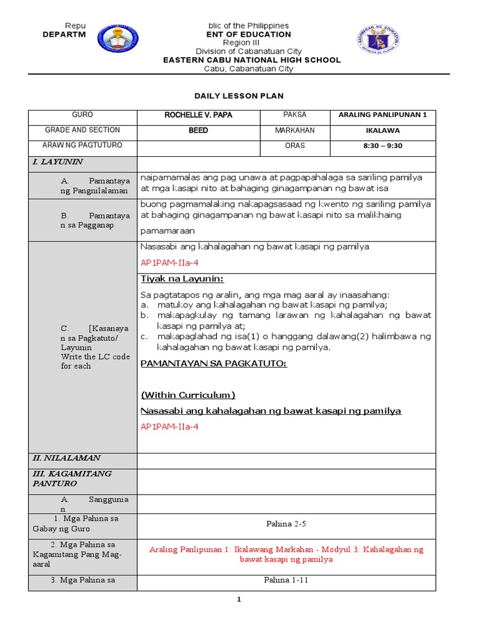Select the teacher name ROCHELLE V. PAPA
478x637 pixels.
pyautogui.click(x=199, y=115)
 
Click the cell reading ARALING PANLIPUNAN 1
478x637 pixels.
pyautogui.click(x=382, y=115)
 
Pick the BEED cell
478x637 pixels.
pyautogui.click(x=199, y=131)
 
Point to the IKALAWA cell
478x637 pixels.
pyautogui.click(x=382, y=131)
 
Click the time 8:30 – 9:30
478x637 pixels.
pyautogui.click(x=382, y=146)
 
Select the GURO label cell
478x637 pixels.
pyautogui.click(x=82, y=115)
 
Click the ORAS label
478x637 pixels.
pyautogui.click(x=295, y=146)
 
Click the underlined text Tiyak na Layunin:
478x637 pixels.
pyautogui.click(x=182, y=278)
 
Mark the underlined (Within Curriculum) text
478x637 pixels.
pyautogui.click(x=188, y=395)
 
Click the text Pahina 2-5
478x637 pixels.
pyautogui.click(x=286, y=524)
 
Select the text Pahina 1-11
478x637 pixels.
pyautogui.click(x=286, y=580)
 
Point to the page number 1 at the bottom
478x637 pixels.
pyautogui.click(x=238, y=600)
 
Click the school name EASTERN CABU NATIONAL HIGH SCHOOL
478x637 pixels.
pyautogui.click(x=251, y=60)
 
